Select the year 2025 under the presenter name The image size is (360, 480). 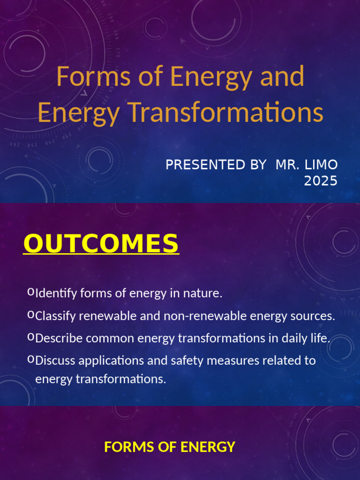320,181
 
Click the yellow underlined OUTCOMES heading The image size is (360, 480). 101,244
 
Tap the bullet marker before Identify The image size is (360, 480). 31,292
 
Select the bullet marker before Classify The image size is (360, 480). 31,315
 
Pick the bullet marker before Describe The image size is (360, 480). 31,337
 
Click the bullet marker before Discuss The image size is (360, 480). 31,360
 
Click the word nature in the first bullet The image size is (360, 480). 203,294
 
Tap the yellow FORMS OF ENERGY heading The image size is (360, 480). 170,447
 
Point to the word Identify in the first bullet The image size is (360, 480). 56,294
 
